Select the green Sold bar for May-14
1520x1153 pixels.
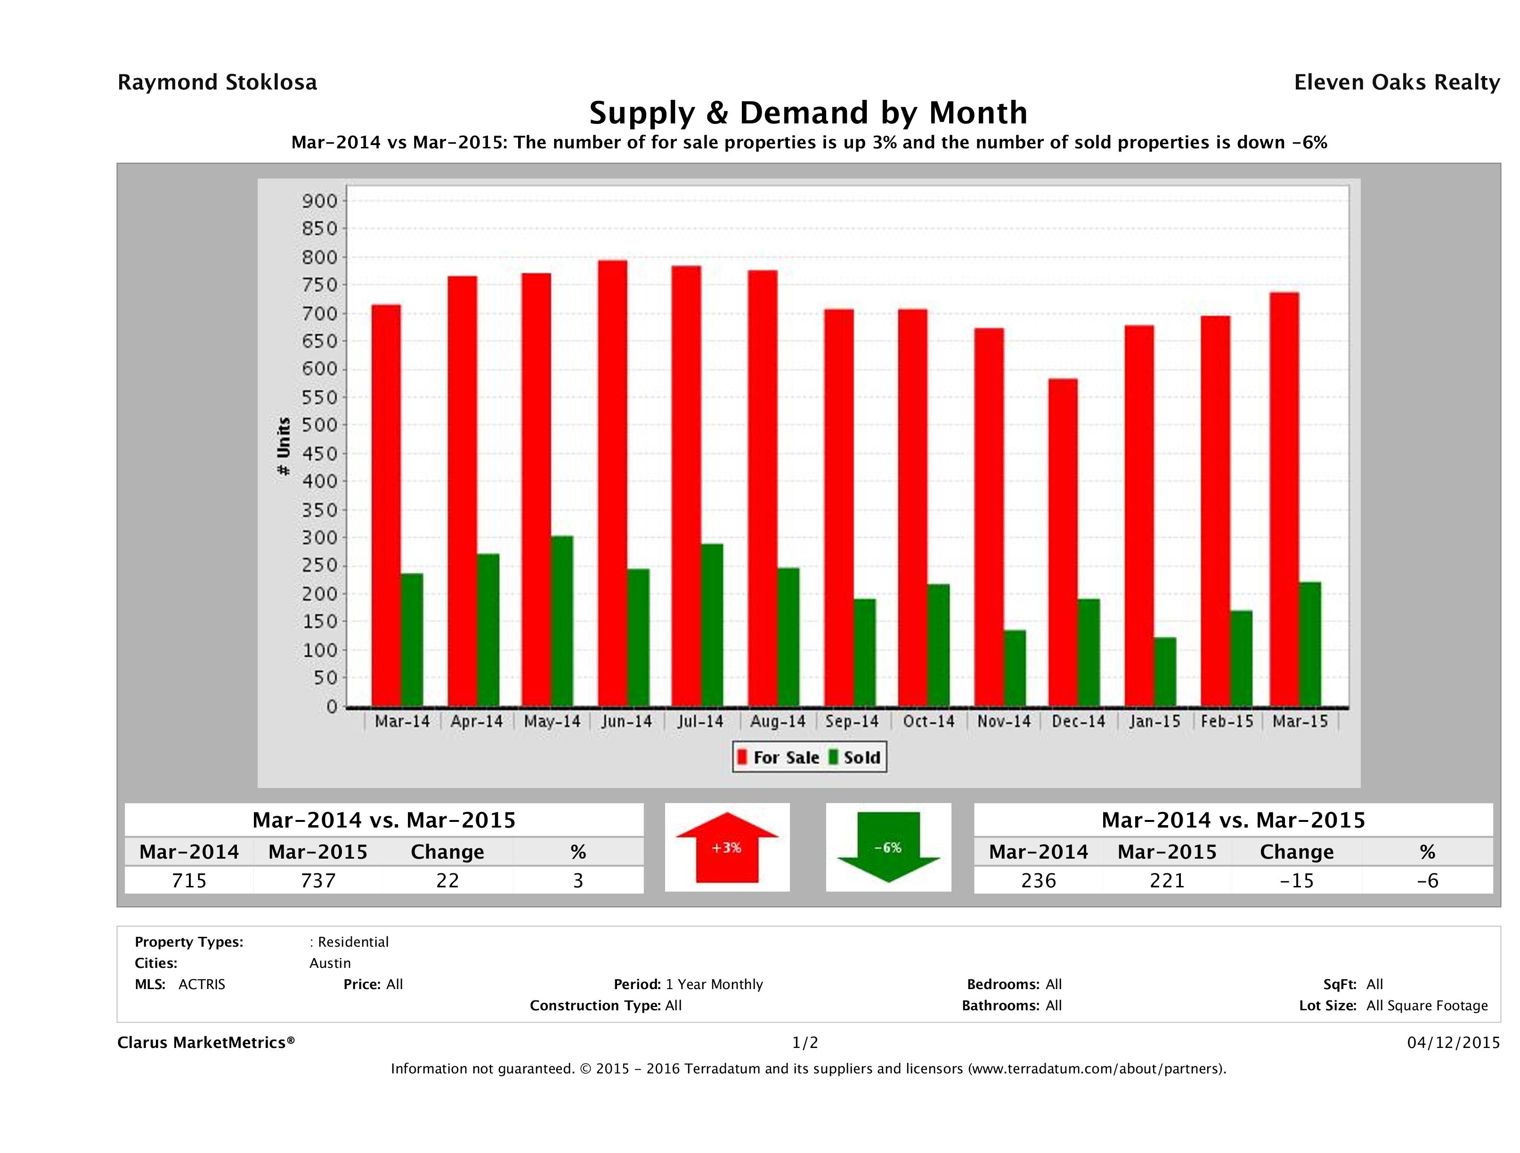click(x=562, y=621)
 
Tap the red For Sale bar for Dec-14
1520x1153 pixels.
click(x=1063, y=543)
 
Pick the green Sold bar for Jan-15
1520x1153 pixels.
click(x=1165, y=672)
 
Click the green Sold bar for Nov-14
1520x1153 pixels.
click(x=1015, y=668)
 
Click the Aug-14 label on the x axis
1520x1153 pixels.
click(x=778, y=722)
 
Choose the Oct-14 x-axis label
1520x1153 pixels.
click(x=928, y=722)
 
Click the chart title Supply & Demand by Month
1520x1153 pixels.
click(x=808, y=113)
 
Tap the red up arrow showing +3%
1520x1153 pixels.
click(x=727, y=847)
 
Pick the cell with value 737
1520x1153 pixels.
click(x=318, y=880)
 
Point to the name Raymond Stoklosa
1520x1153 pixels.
click(x=217, y=82)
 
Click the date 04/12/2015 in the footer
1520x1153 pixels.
click(x=1453, y=1042)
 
